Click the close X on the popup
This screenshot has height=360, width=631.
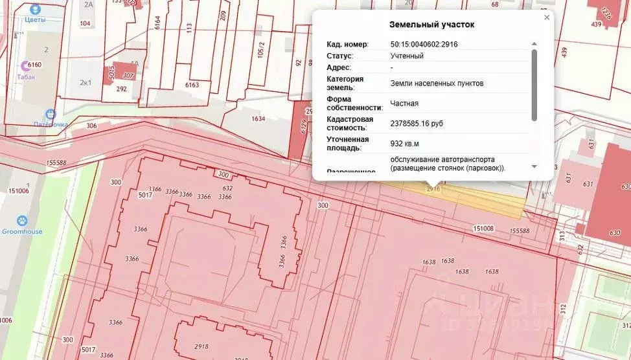tap(547, 17)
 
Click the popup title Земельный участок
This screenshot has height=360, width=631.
tap(431, 25)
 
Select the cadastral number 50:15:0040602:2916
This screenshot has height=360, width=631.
tap(424, 44)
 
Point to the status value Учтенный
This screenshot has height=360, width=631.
tap(407, 56)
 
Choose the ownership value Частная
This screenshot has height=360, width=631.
tap(404, 102)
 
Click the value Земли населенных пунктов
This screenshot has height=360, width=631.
tap(437, 83)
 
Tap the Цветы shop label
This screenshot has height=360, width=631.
tap(34, 19)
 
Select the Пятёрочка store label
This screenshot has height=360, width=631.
tap(51, 124)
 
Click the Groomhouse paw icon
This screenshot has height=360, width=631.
tap(22, 221)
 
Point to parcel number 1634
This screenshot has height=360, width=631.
tap(258, 118)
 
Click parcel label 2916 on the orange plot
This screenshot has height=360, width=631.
tap(433, 189)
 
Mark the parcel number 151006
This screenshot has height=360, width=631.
tap(17, 190)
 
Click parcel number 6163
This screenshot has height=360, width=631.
tap(192, 85)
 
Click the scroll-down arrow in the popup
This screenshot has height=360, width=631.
tap(534, 166)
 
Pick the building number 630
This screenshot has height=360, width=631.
tap(614, 233)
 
